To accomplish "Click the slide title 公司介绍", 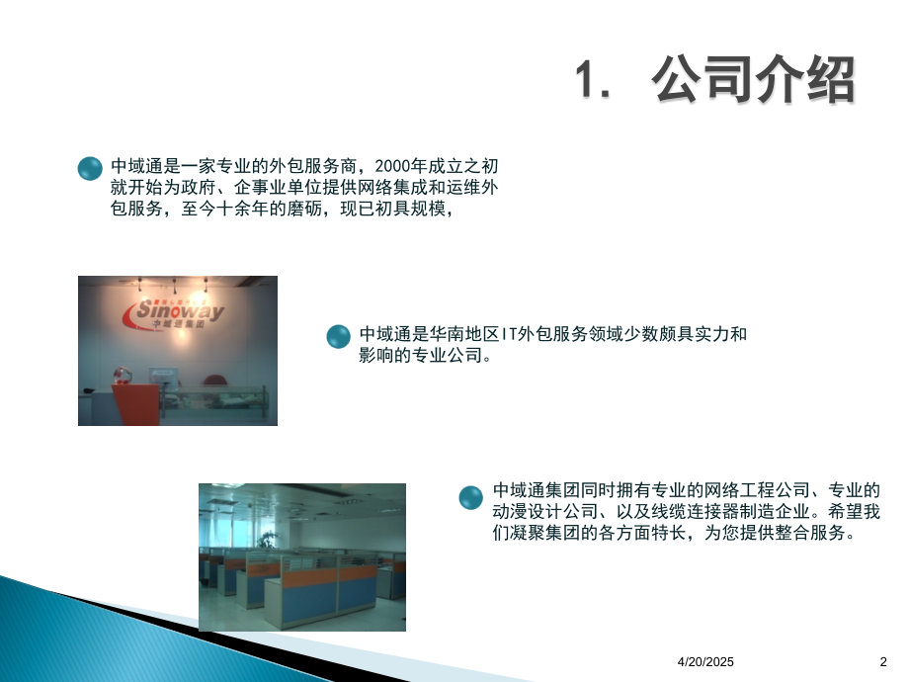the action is coord(753,79).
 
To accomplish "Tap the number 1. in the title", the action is coord(593,79).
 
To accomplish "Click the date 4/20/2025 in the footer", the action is coord(705,661).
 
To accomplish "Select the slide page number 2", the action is coord(883,661).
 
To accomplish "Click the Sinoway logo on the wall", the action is coord(173,313).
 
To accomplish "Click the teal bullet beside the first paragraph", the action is coord(90,168).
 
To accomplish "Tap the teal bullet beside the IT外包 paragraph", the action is coord(339,336).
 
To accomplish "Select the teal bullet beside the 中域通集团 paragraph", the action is coord(470,497).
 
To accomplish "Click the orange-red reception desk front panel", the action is coord(135,403).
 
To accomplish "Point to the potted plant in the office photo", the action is coord(267,541).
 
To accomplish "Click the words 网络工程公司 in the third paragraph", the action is coord(757,490).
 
